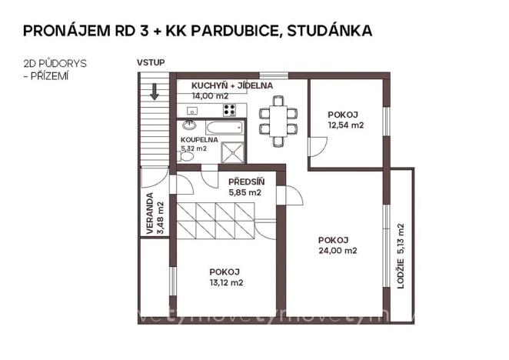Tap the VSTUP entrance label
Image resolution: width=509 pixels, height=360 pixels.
[151, 62]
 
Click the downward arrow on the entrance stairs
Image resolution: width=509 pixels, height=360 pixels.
[155, 92]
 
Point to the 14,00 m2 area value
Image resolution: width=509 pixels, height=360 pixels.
[210, 96]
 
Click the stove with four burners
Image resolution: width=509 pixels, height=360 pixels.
[229, 110]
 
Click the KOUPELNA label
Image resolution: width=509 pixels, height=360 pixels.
[199, 139]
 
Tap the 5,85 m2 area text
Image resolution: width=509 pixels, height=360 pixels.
[245, 192]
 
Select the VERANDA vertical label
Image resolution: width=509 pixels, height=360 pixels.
[151, 218]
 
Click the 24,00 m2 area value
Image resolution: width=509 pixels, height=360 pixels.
[338, 250]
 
